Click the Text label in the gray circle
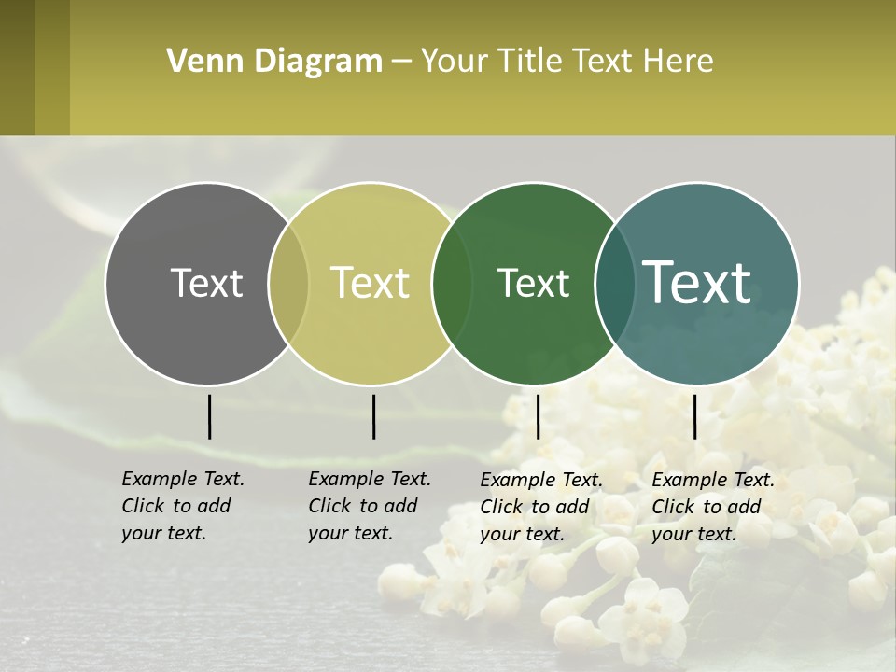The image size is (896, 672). [x=206, y=283]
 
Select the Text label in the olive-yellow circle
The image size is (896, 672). [x=371, y=283]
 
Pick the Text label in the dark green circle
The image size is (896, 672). [x=533, y=283]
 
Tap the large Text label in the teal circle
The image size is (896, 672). [x=697, y=282]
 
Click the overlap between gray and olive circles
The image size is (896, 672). [x=288, y=284]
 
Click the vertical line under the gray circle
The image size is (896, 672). [x=210, y=416]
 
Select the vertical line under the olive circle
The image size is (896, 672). [x=373, y=416]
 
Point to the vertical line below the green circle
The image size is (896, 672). [x=538, y=416]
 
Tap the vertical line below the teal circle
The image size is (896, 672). [x=695, y=416]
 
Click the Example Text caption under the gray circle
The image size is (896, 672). [x=183, y=506]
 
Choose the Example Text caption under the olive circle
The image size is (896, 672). [x=370, y=506]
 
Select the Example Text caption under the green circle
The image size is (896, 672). [x=541, y=507]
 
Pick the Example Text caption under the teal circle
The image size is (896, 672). [x=713, y=507]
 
